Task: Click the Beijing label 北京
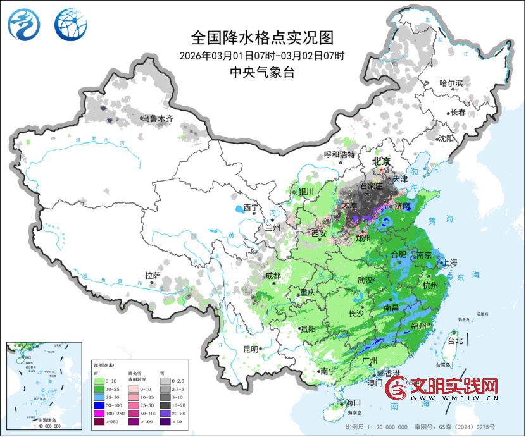click(382, 161)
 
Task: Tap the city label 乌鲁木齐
click(156, 118)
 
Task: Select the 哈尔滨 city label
click(451, 83)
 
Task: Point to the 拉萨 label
click(153, 275)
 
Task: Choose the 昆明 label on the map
click(250, 348)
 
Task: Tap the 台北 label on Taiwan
click(455, 341)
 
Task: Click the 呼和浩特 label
click(340, 154)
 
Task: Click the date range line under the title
click(261, 55)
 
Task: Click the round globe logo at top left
click(67, 24)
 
